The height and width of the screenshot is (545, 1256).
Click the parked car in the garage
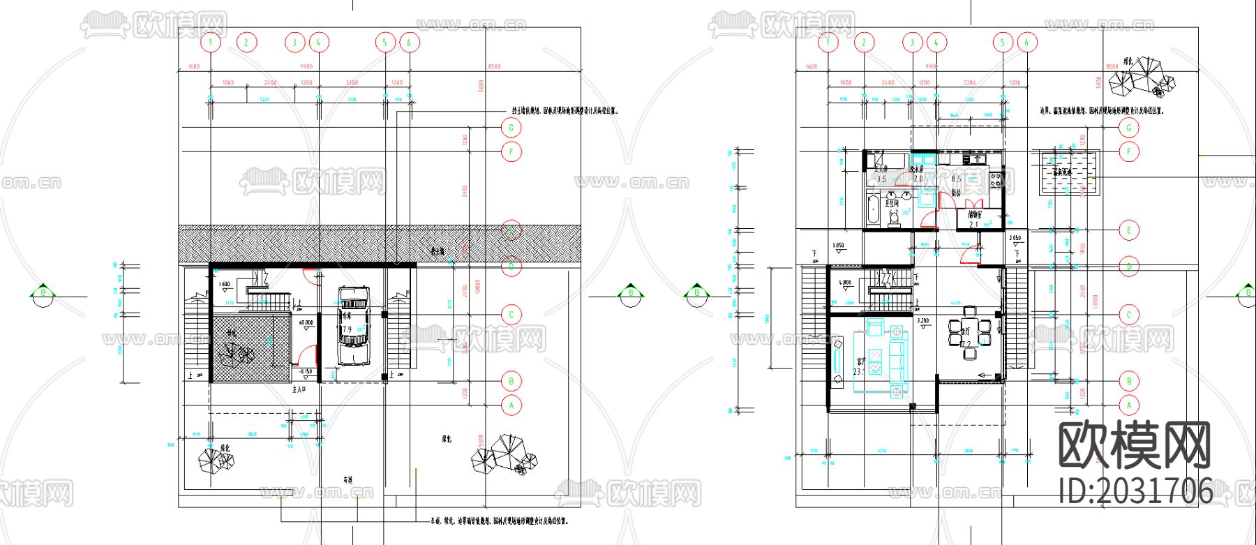point(352,325)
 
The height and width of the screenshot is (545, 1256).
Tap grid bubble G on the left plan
point(511,128)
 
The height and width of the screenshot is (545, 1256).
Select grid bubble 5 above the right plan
point(1003,43)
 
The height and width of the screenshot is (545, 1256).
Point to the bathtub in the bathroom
point(872,211)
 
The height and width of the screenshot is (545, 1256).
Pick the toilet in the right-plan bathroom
point(894,220)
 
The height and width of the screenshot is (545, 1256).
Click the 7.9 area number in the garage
point(347,329)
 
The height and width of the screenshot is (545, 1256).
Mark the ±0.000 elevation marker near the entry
point(306,324)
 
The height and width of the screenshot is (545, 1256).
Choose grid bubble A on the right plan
point(1128,405)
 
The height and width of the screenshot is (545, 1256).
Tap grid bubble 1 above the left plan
point(211,43)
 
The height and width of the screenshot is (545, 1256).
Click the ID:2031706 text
point(1136,491)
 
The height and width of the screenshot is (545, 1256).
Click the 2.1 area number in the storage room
point(974,225)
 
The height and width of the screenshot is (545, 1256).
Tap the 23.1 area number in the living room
point(858,372)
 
